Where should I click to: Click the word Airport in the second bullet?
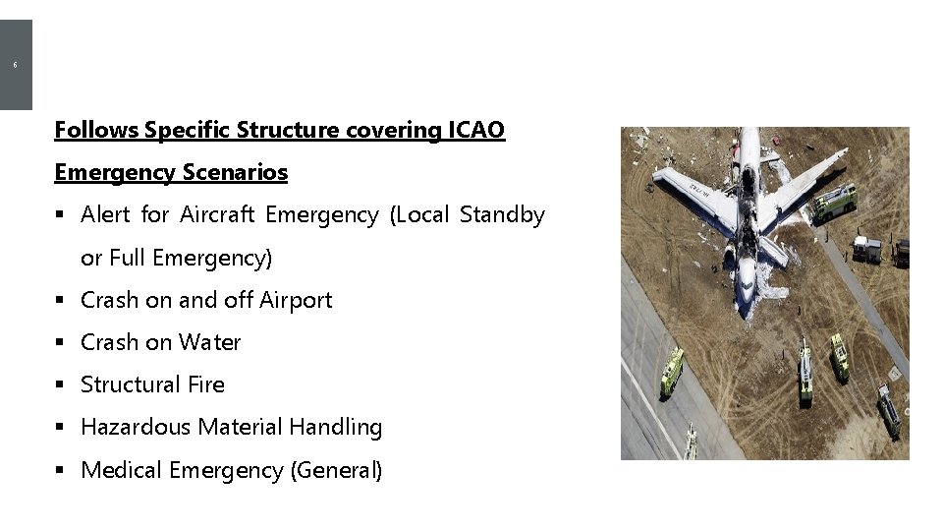(x=296, y=300)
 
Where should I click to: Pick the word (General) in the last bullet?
(x=336, y=470)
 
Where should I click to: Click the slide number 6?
(x=15, y=65)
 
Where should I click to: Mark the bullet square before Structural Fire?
(x=61, y=385)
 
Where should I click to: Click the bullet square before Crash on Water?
(x=61, y=343)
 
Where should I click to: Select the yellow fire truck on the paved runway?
(x=671, y=372)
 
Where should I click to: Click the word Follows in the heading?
(x=96, y=130)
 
